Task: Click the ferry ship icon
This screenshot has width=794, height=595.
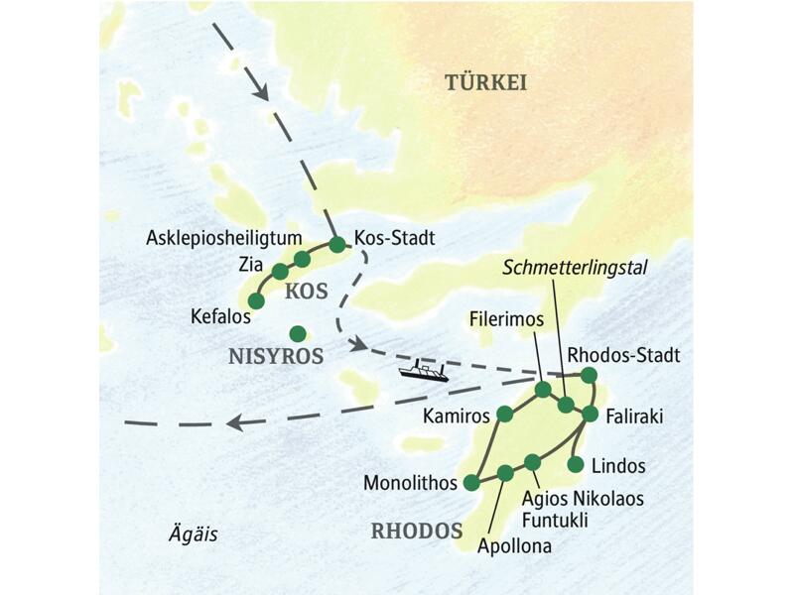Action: pos(424,372)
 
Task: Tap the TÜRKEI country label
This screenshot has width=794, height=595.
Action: pos(484,83)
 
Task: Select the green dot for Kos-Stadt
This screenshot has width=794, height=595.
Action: pos(336,243)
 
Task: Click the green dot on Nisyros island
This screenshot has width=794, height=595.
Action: pos(295,333)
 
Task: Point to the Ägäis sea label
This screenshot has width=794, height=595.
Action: pos(191,535)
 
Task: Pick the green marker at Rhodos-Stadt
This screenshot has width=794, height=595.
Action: pos(589,375)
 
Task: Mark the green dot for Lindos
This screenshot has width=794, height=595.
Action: pos(576,463)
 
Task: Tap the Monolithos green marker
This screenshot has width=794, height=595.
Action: pos(471,483)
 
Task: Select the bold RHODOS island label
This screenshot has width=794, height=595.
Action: pos(416,531)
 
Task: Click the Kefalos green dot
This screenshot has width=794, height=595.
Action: pos(256,300)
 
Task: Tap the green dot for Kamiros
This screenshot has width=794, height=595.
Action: pos(505,413)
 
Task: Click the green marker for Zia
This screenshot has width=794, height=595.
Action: pos(280,271)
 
